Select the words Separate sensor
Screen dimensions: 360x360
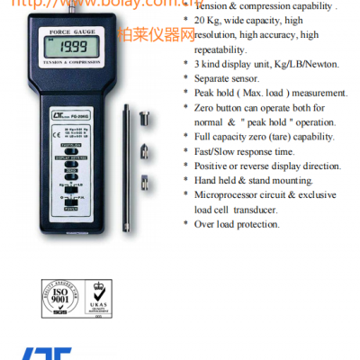[x=234, y=78]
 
